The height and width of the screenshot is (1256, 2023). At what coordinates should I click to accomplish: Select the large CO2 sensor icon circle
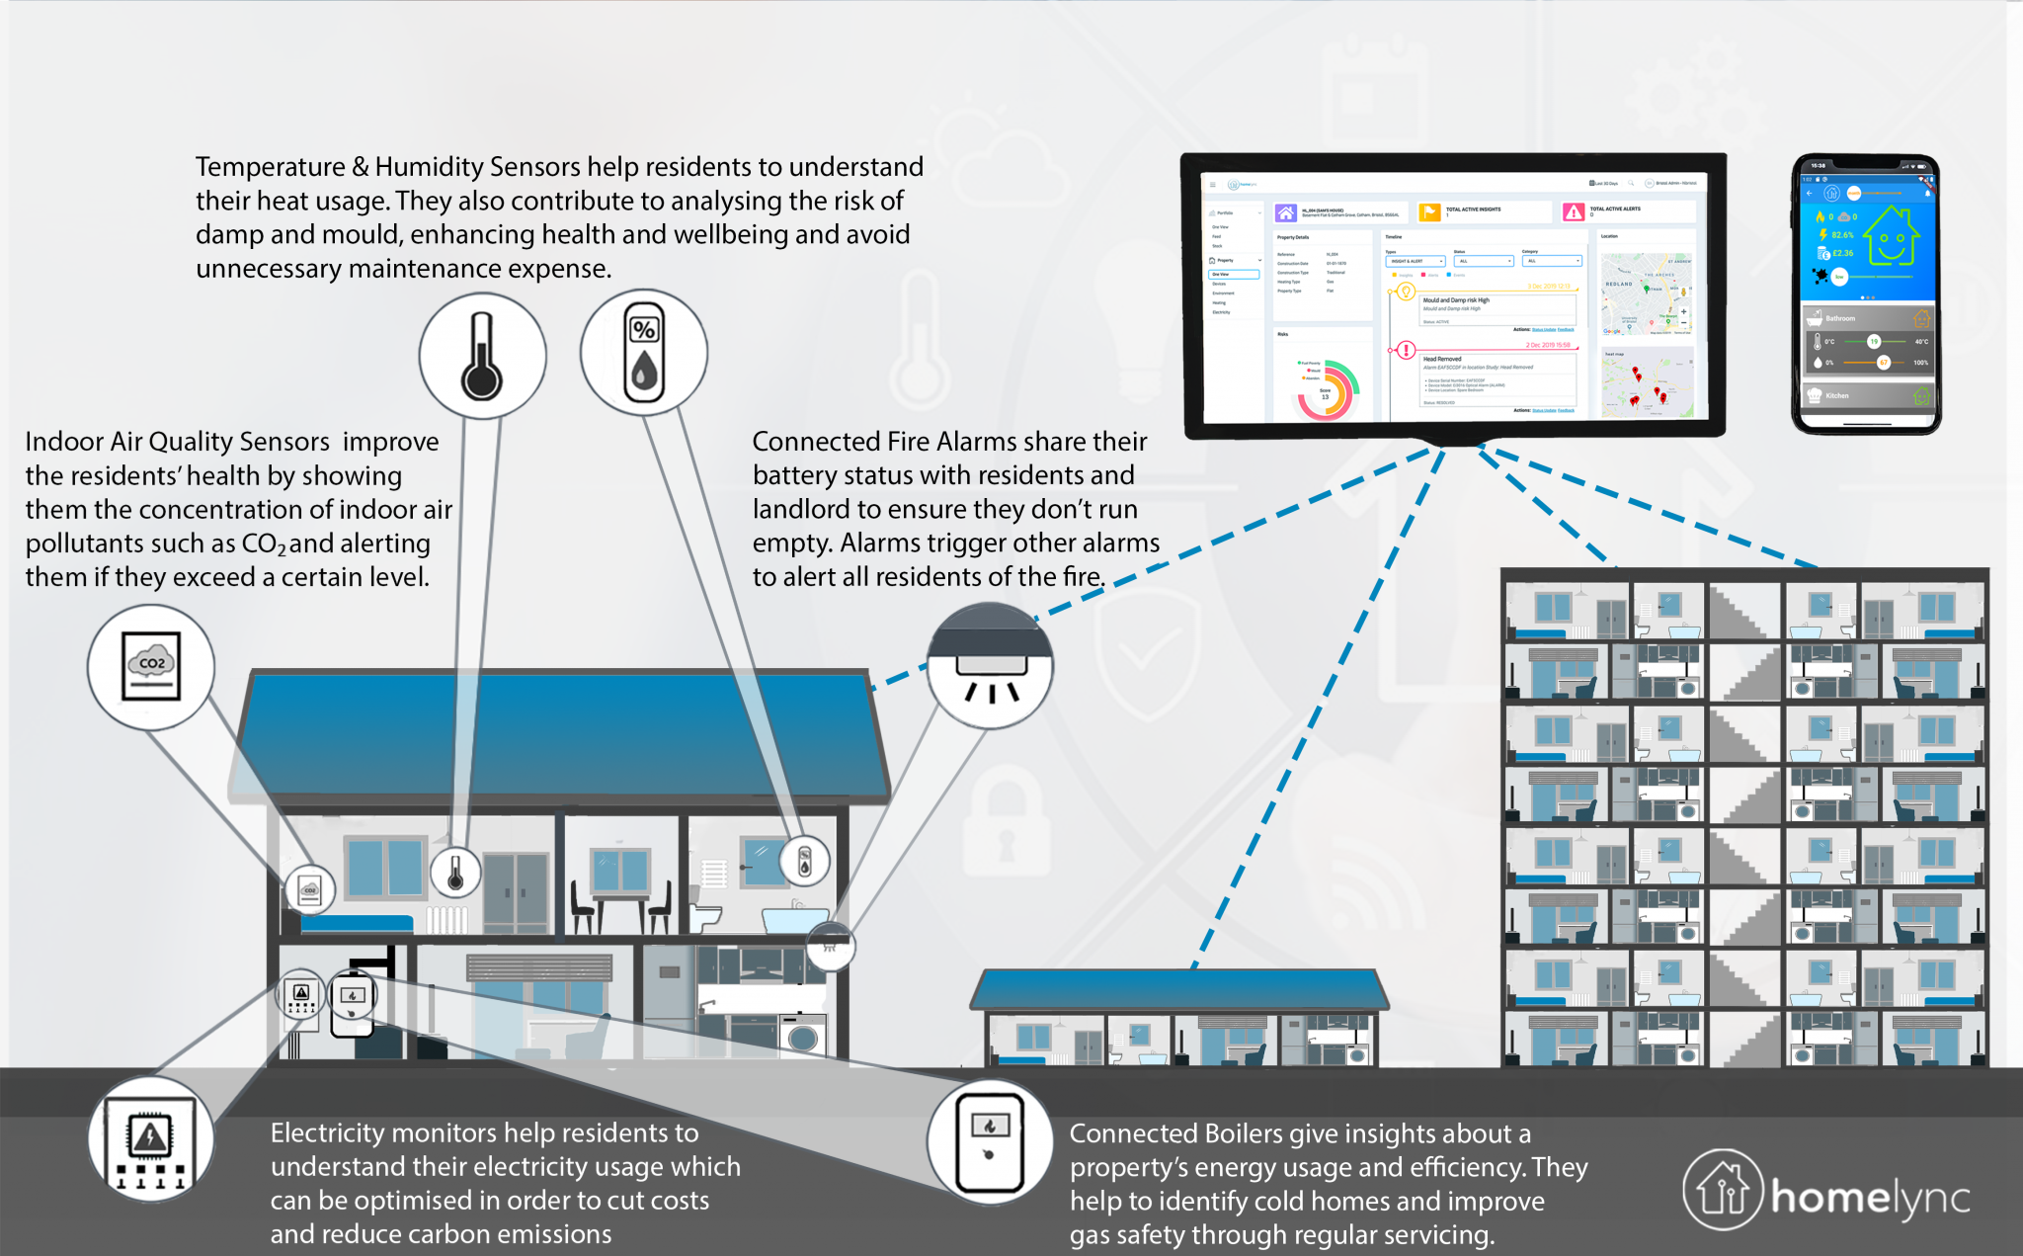(151, 667)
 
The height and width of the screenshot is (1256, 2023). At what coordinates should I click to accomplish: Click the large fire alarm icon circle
(990, 667)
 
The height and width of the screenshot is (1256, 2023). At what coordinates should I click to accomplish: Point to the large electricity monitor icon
(150, 1139)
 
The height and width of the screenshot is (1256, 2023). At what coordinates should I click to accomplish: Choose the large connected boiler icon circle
(990, 1141)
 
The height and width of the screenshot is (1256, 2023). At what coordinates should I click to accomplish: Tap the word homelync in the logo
(1870, 1198)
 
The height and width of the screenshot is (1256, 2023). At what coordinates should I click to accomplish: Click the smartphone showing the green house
(1866, 293)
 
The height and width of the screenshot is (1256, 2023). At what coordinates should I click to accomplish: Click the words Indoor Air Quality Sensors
(178, 442)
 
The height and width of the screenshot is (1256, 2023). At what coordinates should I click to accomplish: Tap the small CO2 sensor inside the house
(310, 889)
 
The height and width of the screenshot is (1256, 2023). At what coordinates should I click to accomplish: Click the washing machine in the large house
(802, 1038)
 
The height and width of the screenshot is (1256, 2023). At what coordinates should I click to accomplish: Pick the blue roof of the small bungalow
(1179, 988)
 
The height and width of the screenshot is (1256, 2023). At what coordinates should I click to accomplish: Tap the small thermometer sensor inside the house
(455, 874)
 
